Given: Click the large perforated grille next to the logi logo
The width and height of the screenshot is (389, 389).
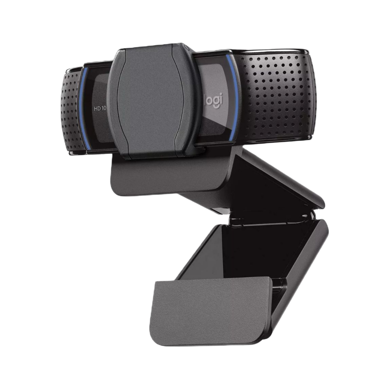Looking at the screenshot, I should click(x=274, y=95).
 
